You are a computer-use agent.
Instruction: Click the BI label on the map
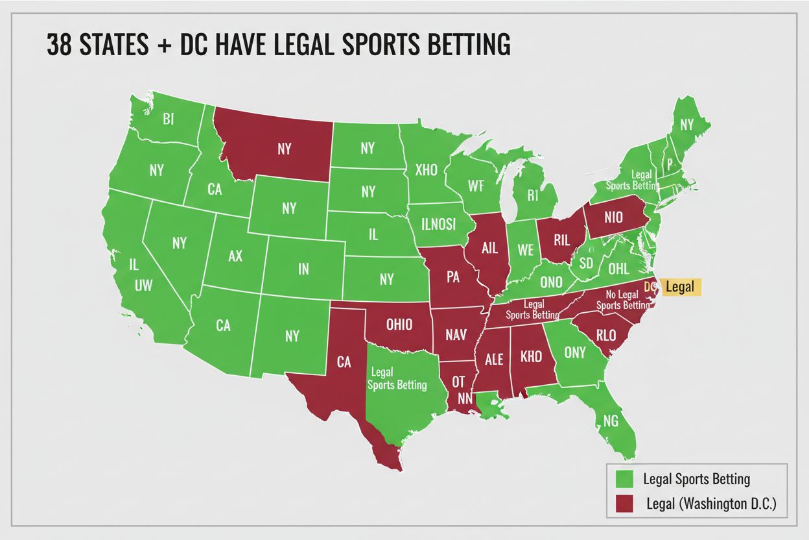[169, 119]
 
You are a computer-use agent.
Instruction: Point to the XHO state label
[426, 170]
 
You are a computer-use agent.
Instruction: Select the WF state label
[476, 186]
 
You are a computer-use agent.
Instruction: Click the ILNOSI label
[438, 223]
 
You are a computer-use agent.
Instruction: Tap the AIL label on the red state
[489, 247]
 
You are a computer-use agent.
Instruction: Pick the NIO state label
[613, 218]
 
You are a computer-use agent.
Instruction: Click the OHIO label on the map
[399, 325]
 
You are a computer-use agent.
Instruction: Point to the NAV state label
[456, 336]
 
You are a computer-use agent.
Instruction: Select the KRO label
[531, 357]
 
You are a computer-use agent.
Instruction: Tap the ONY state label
[574, 352]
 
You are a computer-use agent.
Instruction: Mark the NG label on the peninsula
[611, 421]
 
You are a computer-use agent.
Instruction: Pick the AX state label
[235, 256]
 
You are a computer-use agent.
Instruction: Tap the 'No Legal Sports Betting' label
[622, 300]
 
